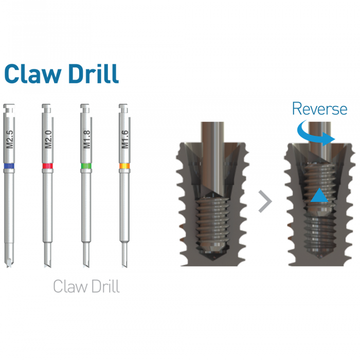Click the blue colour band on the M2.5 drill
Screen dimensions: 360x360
coord(9,166)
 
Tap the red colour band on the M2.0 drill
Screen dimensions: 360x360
coord(48,166)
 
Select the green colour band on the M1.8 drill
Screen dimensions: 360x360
coord(86,166)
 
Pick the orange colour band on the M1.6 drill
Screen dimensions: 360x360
coord(124,166)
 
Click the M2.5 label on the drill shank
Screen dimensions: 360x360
coord(10,139)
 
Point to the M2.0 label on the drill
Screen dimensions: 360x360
coord(48,139)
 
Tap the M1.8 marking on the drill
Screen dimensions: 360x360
coord(87,139)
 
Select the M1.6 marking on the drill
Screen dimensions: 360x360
coord(125,139)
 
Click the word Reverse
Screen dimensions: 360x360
coord(319,109)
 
